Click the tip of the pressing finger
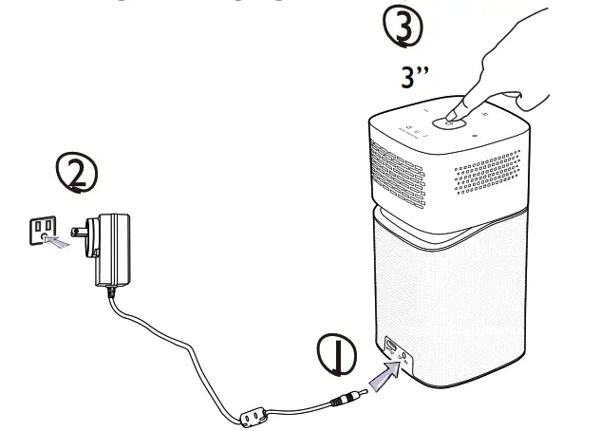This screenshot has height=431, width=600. [459, 109]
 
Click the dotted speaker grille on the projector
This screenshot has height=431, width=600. [489, 177]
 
